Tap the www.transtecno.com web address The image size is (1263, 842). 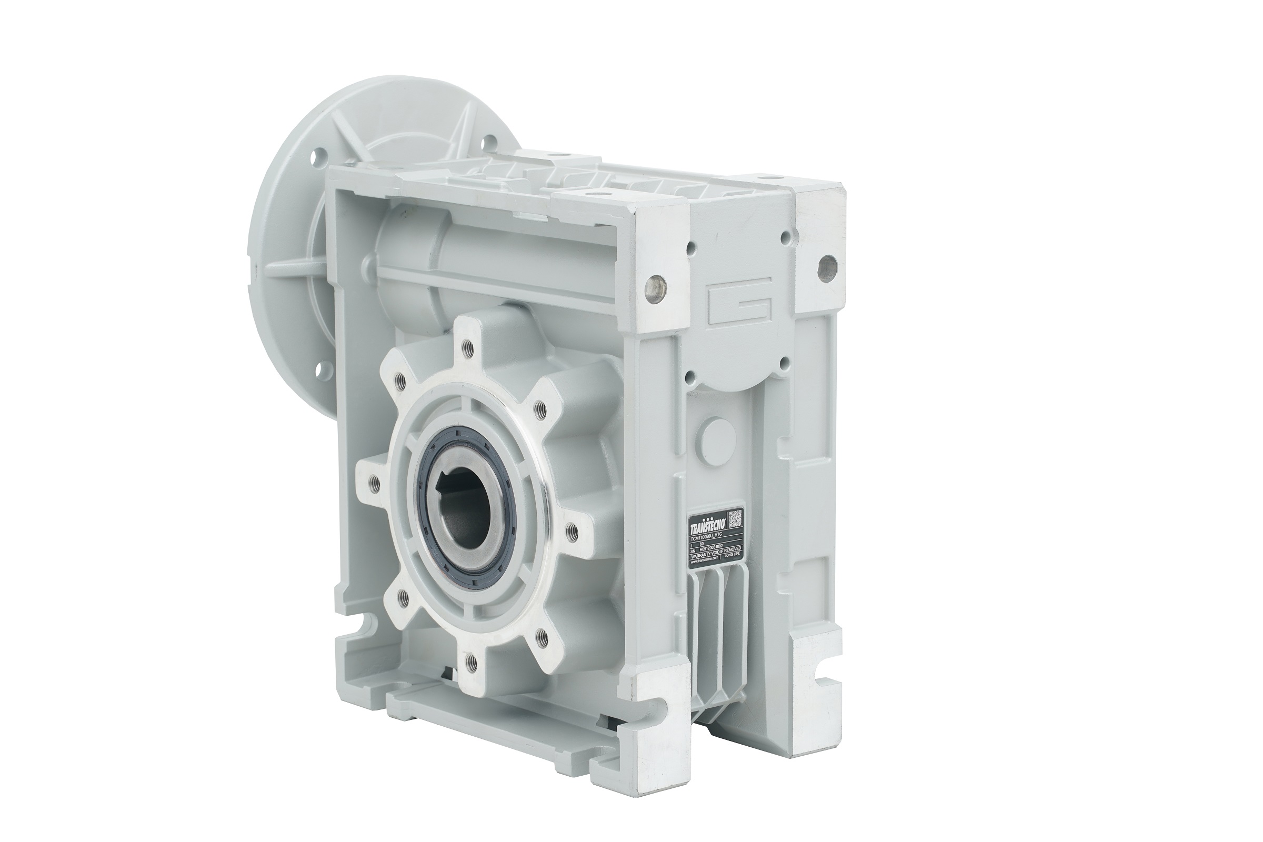(705, 560)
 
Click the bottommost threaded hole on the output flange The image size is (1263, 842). (470, 661)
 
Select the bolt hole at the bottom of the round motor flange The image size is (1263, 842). (323, 369)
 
